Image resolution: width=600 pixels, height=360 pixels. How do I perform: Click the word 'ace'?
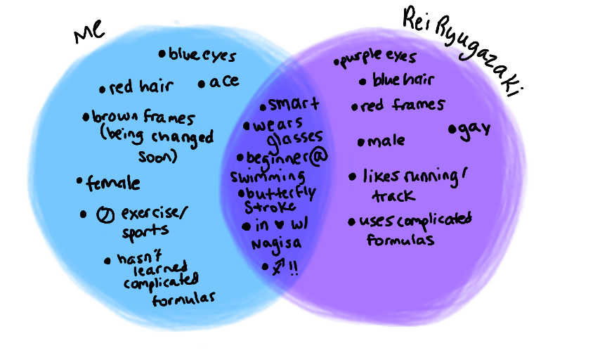point(223,82)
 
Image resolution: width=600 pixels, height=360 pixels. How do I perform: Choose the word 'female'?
point(112,184)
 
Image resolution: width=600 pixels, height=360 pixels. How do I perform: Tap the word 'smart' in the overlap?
point(293,105)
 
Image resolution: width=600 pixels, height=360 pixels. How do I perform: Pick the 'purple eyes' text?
point(381,58)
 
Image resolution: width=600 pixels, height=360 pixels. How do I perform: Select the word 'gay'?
point(474,130)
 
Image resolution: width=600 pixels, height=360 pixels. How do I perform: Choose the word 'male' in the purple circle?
point(386,141)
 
